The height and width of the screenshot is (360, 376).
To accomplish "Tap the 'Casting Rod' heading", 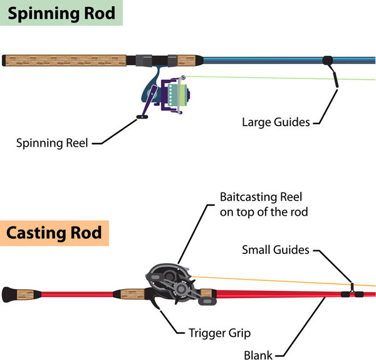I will pos(55,233).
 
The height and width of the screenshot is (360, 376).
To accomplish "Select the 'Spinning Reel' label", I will pos(52,143).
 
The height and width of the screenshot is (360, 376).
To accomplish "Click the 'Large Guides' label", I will pos(276,122).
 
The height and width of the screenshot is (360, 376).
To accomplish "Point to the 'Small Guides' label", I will pos(276,250).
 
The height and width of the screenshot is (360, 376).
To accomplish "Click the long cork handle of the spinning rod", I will pos(66,60).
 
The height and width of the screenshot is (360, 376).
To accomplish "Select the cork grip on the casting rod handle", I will pos(130,294).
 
